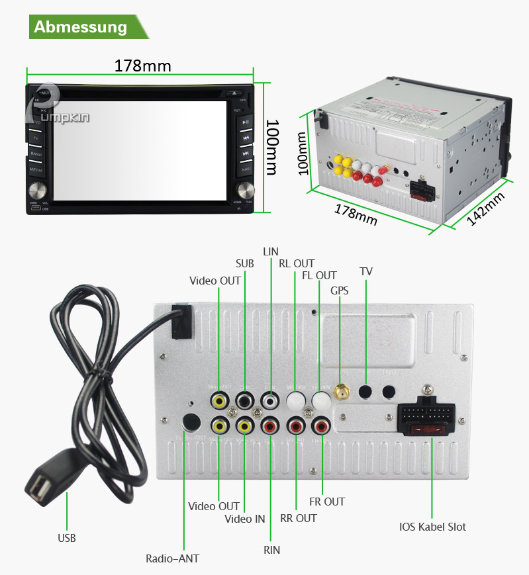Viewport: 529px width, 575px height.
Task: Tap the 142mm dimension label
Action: (486, 208)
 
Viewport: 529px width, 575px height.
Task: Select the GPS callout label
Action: (339, 290)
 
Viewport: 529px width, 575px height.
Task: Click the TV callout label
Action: (365, 271)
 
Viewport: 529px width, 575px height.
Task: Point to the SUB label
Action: (244, 263)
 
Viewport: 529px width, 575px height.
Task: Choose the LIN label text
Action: (271, 251)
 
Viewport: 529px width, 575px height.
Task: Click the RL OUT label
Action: (296, 263)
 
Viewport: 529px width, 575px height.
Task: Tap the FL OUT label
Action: (319, 275)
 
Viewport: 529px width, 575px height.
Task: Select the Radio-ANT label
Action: (172, 558)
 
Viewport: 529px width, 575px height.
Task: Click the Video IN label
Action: (244, 519)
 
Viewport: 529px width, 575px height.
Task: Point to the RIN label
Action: (271, 550)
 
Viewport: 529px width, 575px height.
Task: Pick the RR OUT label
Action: (298, 518)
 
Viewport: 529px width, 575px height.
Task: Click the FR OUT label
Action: (327, 502)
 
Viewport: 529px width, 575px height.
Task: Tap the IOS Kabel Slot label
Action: (432, 527)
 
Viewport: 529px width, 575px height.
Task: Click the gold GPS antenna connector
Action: (342, 393)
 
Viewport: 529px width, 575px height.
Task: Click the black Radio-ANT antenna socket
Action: (191, 422)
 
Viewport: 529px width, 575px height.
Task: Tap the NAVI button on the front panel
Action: (246, 169)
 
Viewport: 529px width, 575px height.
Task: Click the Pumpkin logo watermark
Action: (60, 109)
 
